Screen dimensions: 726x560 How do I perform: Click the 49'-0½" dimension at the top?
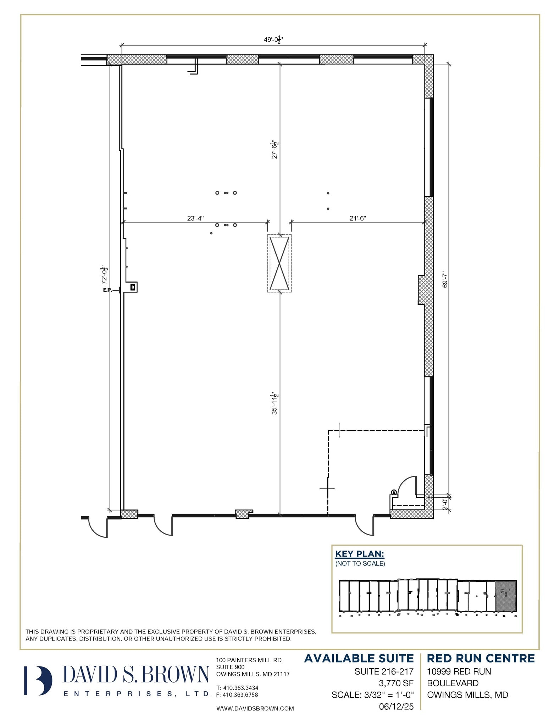point(273,40)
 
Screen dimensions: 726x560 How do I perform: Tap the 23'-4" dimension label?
point(195,218)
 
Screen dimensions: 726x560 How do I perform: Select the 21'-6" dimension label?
point(357,218)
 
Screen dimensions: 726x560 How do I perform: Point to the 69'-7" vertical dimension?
point(445,279)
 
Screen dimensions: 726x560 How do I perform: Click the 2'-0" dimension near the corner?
point(445,503)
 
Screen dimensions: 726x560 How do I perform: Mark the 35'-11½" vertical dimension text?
point(275,403)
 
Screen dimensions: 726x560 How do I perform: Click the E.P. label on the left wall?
point(107,290)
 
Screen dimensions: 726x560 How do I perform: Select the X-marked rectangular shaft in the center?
point(279,263)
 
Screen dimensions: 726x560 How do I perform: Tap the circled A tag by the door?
point(394,492)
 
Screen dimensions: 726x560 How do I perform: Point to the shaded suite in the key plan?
point(505,596)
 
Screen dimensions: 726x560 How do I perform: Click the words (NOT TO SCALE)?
point(360,563)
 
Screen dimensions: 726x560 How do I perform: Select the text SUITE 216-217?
point(384,671)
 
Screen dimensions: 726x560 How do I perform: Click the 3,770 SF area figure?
point(396,683)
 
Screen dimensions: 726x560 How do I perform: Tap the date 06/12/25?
point(396,707)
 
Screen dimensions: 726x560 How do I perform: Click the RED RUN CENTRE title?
point(481,658)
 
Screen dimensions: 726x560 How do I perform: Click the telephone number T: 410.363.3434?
point(237,688)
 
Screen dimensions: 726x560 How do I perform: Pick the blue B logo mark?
point(38,681)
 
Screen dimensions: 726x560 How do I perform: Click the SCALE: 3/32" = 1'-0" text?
point(372,695)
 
